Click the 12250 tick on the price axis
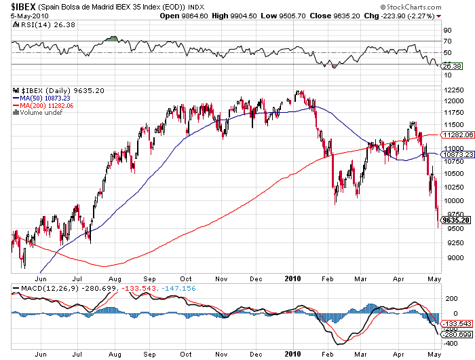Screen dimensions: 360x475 point(453,90)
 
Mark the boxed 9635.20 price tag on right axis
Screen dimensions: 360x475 point(455,220)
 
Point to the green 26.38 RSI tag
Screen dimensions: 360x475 point(451,66)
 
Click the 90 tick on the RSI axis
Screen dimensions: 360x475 point(447,30)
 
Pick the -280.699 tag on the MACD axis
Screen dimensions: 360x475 point(455,334)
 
